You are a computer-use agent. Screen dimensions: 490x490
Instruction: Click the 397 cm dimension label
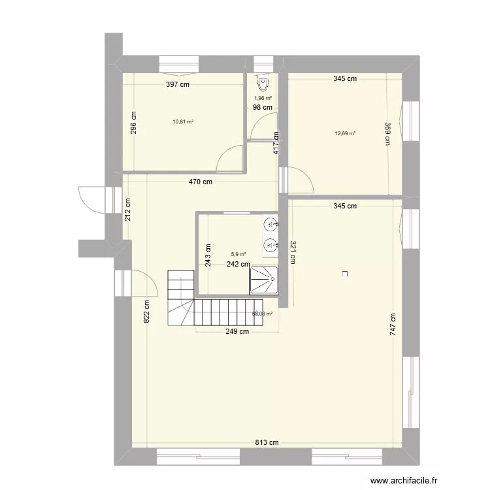pos(177,84)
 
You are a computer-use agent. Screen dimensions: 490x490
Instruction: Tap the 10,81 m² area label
pos(183,121)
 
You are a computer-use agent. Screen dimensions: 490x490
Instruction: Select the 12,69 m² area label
pos(345,133)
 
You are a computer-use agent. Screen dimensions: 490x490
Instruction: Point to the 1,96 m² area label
pos(263,98)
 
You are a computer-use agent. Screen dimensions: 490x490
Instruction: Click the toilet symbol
pos(263,83)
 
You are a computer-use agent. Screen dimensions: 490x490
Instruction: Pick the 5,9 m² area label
pos(238,255)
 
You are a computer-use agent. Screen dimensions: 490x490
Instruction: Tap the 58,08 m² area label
pos(262,314)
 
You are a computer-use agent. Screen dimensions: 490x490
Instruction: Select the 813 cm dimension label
pos(267,442)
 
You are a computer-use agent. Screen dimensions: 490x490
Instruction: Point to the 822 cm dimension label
pos(148,312)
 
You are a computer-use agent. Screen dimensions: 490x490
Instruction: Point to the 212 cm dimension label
pos(128,210)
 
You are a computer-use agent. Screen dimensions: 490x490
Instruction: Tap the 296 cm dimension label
pos(133,120)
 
